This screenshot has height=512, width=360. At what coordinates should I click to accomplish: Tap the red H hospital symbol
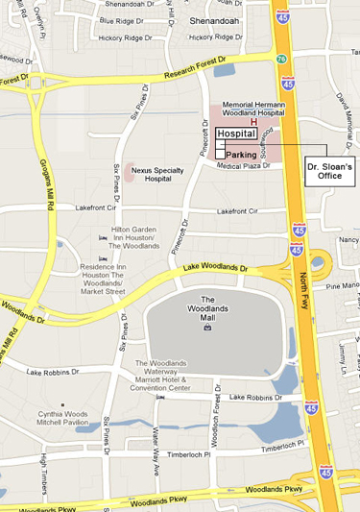[x=253, y=122]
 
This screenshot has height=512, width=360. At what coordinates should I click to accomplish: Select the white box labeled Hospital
[x=234, y=134]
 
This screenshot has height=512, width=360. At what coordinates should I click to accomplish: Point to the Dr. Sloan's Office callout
[x=330, y=170]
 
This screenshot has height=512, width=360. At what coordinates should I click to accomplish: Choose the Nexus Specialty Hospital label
[x=157, y=173]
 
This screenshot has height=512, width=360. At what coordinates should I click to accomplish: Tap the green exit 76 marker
[x=280, y=60]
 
